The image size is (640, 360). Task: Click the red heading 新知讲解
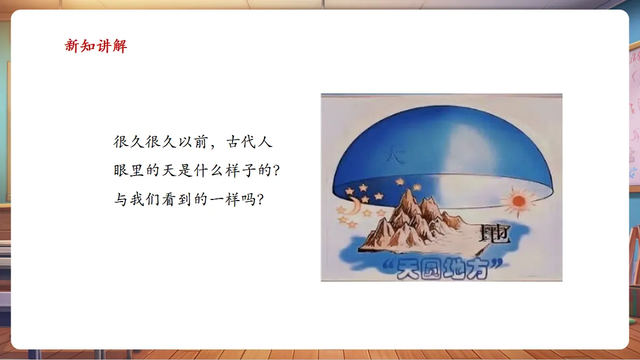(x=96, y=46)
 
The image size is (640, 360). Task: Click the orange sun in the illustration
(x=517, y=202)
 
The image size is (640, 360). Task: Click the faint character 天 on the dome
(x=394, y=155)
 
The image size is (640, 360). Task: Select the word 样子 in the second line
(x=242, y=172)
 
